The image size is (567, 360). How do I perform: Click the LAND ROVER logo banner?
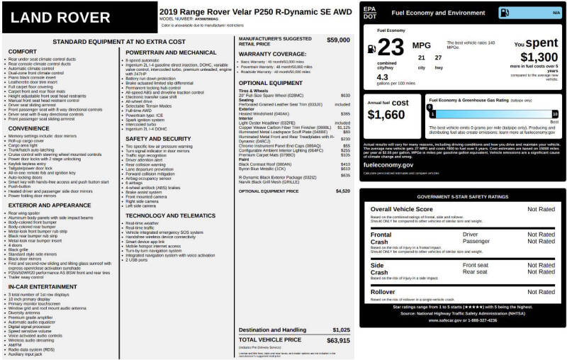tap(79, 17)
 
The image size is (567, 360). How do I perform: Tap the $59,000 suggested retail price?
tap(338, 40)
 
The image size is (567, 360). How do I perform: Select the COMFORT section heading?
tap(22, 52)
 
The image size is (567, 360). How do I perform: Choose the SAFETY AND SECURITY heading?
tap(158, 139)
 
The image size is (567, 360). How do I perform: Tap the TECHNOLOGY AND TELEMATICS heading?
tap(171, 215)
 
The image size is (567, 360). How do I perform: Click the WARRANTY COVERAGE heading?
tap(272, 54)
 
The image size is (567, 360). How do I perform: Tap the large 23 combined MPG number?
tap(390, 47)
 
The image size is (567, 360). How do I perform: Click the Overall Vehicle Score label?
tap(401, 209)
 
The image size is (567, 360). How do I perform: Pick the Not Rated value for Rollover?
tap(541, 291)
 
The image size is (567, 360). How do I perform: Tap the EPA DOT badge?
tap(369, 12)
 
